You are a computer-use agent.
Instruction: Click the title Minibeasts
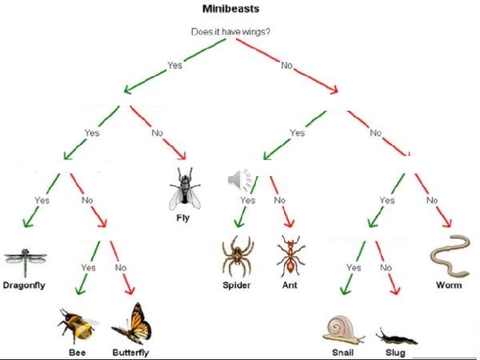[231, 9]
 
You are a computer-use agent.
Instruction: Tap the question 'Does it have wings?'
[231, 31]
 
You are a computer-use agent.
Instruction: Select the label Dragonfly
[24, 285]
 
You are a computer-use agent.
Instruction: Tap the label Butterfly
[131, 353]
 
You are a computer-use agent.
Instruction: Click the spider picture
[237, 257]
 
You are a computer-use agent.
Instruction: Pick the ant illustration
[289, 257]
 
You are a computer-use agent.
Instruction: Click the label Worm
[449, 285]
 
